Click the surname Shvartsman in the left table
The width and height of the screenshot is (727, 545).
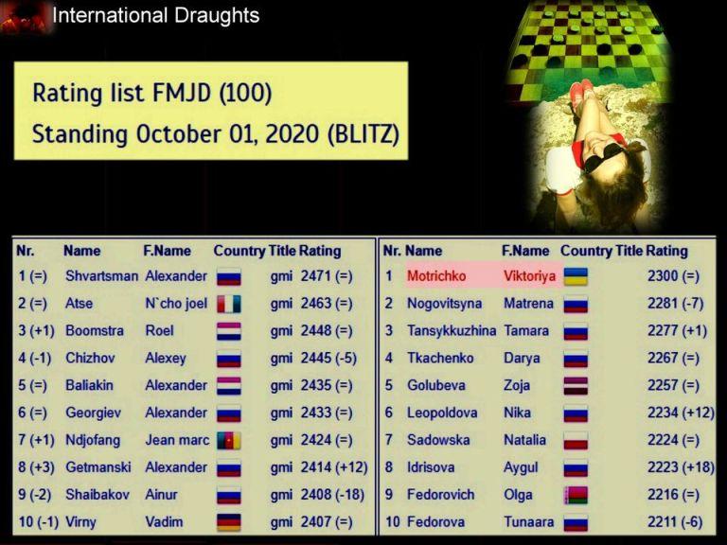coord(101,276)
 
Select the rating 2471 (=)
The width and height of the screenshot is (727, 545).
coord(327,276)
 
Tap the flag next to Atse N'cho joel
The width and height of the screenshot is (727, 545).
coord(228,304)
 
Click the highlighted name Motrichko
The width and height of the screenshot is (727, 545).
coord(436,276)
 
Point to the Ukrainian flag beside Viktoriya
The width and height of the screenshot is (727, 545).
coord(576,276)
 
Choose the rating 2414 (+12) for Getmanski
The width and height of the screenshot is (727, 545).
coord(334,467)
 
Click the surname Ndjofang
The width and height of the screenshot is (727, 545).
coord(93,440)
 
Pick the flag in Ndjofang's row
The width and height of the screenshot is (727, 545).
coord(228,441)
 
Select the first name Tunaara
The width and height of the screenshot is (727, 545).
coord(528,522)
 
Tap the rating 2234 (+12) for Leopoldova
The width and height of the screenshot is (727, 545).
coord(681,413)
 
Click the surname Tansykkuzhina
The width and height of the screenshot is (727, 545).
coord(452,331)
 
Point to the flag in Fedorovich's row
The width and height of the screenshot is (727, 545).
coord(576,495)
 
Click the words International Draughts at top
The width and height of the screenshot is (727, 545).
coord(156,15)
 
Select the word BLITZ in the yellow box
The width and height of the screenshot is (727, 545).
coord(363,134)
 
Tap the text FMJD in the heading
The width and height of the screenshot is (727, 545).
coord(182,92)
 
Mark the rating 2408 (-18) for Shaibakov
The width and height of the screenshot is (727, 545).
coord(332,495)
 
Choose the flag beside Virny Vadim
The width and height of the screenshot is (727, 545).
coord(228,522)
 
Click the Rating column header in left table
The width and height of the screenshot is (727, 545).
coord(319,251)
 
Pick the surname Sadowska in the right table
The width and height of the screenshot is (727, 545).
coord(438,440)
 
